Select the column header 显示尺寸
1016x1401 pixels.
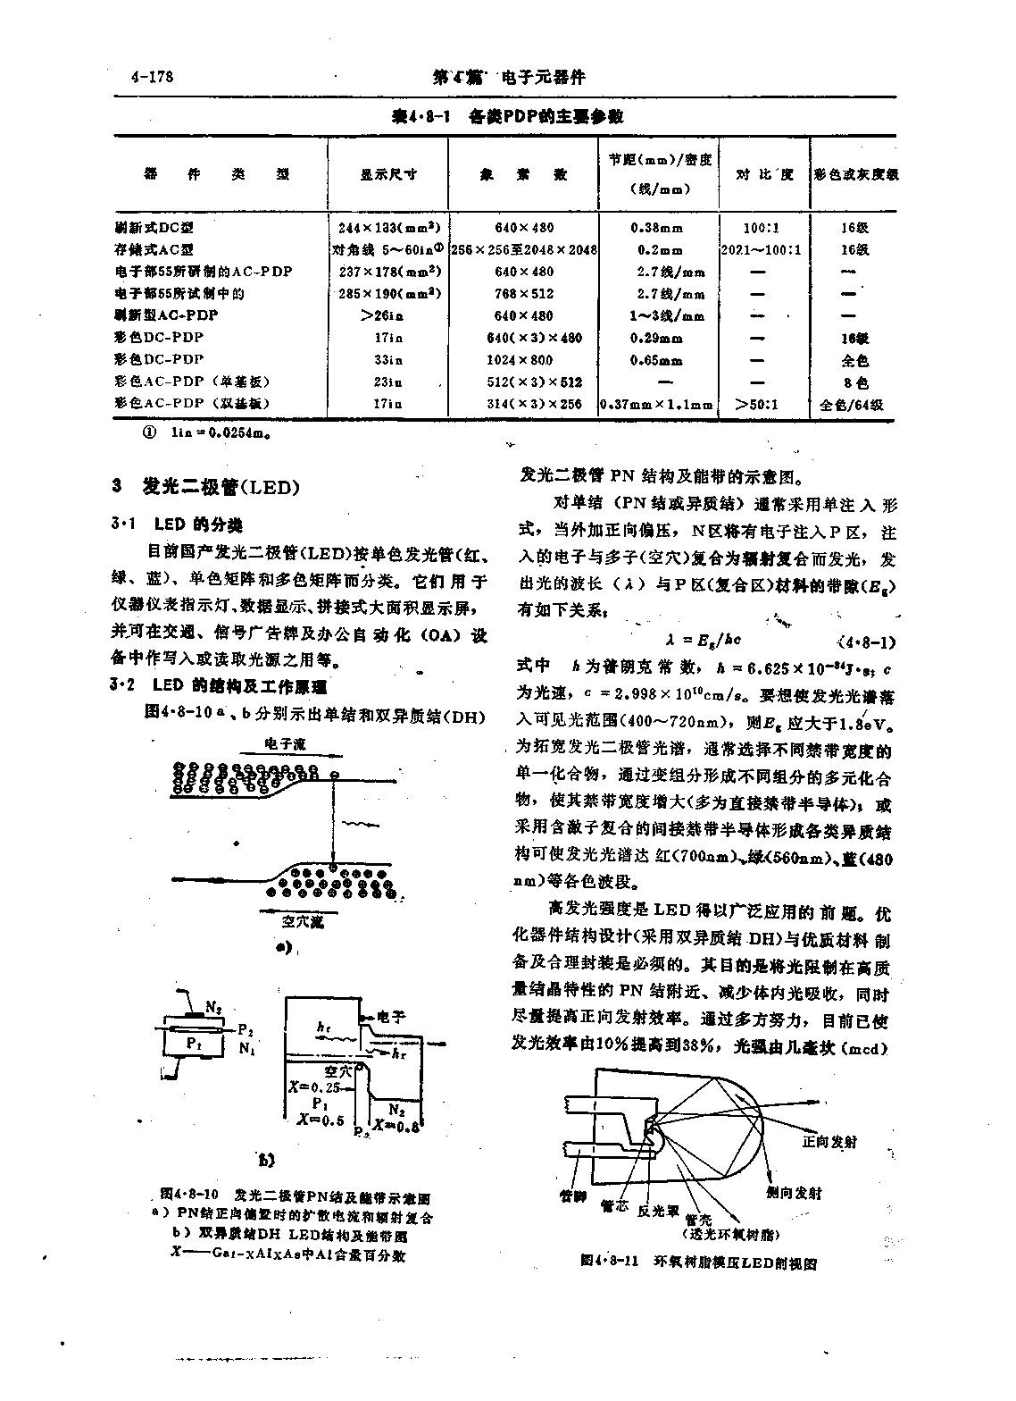pos(388,175)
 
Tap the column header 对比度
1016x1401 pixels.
pos(764,174)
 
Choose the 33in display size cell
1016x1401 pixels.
pos(388,360)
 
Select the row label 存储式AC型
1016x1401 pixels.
pos(154,250)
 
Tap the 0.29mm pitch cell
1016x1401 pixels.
pos(656,339)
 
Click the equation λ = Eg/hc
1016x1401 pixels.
pos(703,641)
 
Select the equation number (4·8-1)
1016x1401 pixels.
pos(868,642)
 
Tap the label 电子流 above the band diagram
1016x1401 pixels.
pos(285,742)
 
